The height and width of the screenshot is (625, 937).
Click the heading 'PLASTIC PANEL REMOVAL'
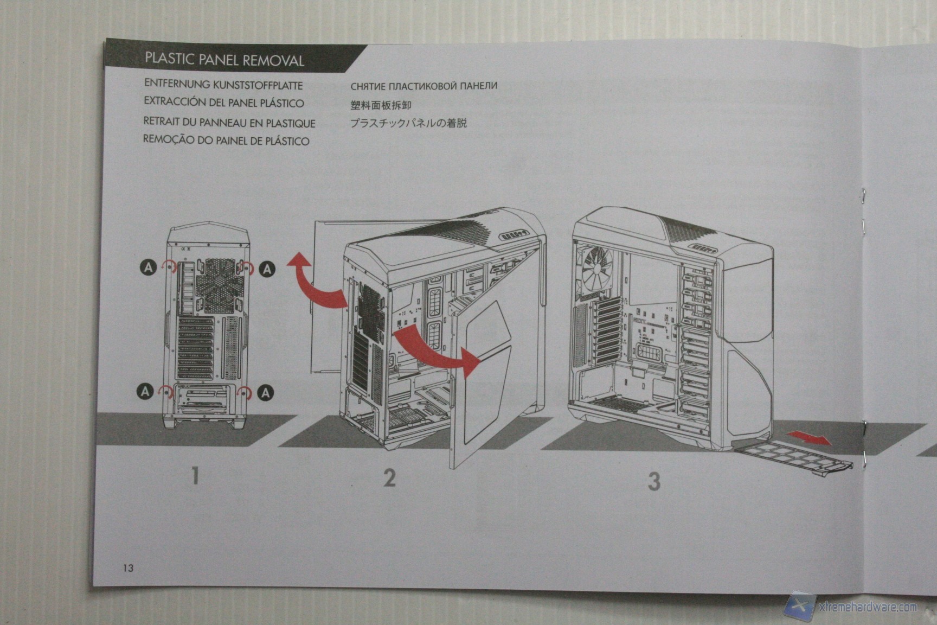pos(224,60)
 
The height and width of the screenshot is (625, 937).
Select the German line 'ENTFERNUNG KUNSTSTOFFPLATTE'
pos(223,85)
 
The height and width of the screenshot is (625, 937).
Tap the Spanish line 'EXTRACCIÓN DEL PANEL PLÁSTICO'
pos(223,102)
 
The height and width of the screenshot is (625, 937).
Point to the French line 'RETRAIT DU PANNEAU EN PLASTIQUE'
pos(229,123)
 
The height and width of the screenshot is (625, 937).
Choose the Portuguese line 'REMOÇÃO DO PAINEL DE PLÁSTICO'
pos(226,141)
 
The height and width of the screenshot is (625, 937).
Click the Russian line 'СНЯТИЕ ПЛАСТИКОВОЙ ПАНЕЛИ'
pos(423,86)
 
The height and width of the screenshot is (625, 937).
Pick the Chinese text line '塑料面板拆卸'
pos(381,104)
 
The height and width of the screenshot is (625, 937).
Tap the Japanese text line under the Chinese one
pos(408,123)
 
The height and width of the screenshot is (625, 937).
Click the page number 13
pos(128,568)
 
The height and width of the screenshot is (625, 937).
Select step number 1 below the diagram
pos(195,476)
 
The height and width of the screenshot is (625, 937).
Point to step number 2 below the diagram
pos(389,478)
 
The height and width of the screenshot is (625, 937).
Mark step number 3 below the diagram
pos(654,481)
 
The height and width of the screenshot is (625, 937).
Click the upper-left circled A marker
pos(148,266)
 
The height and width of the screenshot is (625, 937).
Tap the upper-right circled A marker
pos(267,269)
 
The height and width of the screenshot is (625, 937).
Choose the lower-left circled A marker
pos(145,391)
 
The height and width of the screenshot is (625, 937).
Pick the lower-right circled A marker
pos(265,392)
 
